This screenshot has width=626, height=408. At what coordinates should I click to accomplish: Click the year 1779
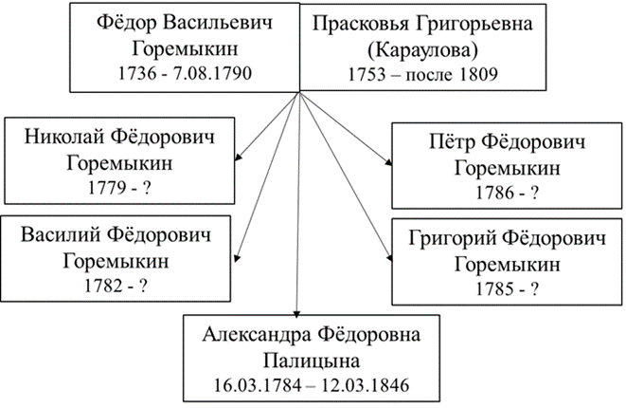(x=102, y=185)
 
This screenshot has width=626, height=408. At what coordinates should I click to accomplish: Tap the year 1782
(x=102, y=282)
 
